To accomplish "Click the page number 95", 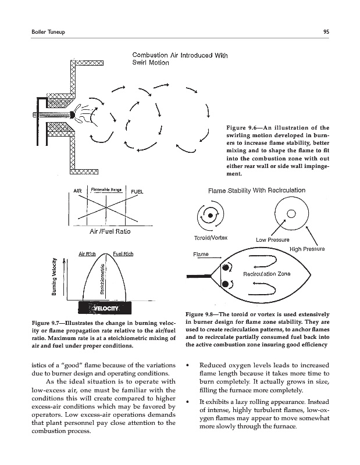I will (328, 31).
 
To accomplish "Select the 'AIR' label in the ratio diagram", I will (77, 191).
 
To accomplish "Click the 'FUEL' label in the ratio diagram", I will (137, 191).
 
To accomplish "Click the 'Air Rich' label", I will (87, 253).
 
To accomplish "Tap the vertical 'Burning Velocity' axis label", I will (54, 276).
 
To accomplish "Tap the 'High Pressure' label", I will (306, 249).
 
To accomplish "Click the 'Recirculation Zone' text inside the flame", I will (266, 273).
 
